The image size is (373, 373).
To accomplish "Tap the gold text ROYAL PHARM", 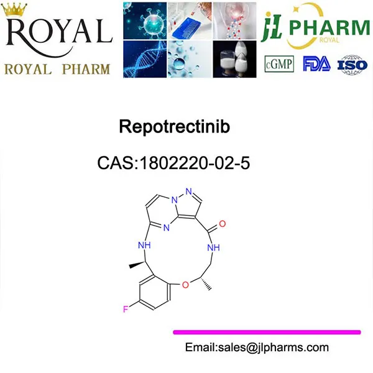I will [57, 68].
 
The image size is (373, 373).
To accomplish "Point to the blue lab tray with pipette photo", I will [190, 20].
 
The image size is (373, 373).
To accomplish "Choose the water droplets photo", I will [190, 58].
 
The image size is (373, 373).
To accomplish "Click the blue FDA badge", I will [315, 63].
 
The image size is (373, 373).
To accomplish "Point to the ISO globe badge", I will [352, 63].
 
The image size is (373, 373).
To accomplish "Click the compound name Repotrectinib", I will [174, 127].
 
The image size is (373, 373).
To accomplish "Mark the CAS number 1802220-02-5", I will [174, 163].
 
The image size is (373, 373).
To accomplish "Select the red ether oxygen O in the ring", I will [185, 285].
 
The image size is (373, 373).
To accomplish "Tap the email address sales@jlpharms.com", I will [257, 348].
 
